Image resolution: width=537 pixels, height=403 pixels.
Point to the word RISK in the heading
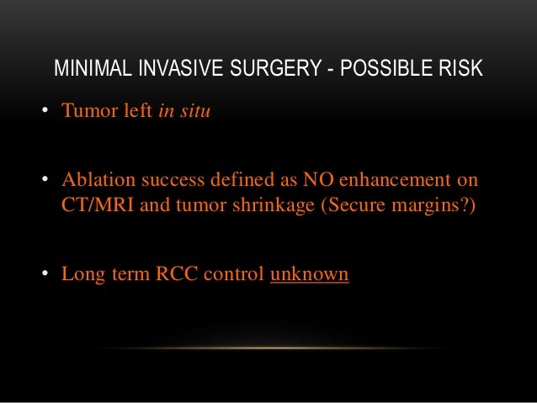460,68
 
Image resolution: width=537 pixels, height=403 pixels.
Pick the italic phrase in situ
184,112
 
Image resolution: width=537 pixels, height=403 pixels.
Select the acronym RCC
175,274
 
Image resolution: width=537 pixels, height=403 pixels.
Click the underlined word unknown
309,274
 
